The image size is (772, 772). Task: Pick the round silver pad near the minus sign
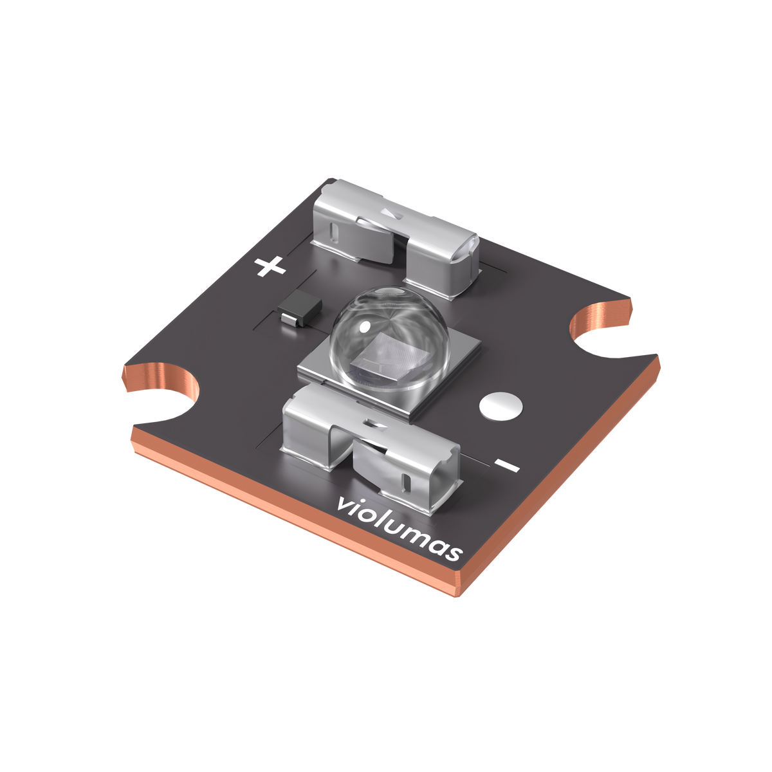(x=501, y=407)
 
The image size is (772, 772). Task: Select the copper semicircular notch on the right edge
(x=602, y=325)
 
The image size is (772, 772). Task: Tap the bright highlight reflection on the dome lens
(x=364, y=327)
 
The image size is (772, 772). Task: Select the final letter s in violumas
(x=455, y=553)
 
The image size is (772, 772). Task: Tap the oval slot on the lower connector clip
(x=407, y=481)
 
